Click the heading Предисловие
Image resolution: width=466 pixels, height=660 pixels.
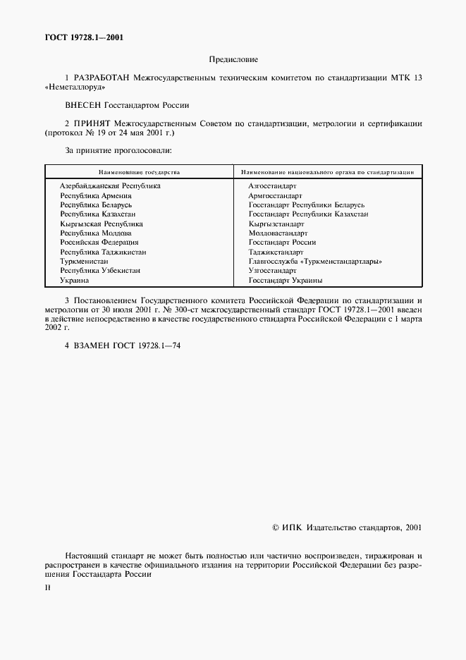(233, 61)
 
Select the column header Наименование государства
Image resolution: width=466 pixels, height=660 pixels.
(139, 171)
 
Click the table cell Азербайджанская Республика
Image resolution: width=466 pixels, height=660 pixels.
(110, 185)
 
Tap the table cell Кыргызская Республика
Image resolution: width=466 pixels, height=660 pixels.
(101, 224)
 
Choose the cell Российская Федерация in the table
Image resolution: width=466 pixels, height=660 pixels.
(99, 242)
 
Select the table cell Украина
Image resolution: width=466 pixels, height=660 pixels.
(74, 280)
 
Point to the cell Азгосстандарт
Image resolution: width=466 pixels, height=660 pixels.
(272, 185)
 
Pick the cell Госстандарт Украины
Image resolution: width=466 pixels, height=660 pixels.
(286, 280)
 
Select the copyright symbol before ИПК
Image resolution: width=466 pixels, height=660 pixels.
(276, 527)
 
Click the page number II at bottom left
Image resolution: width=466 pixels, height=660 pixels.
(47, 586)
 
